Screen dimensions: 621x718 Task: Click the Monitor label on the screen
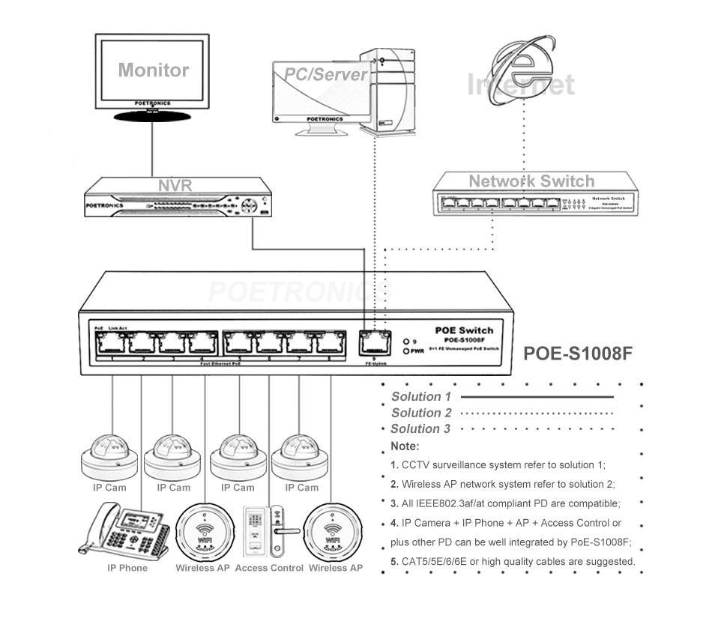click(x=153, y=70)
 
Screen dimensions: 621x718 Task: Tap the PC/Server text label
click(x=325, y=74)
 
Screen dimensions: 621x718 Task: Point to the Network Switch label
click(x=531, y=181)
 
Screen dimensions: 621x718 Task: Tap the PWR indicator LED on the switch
click(x=405, y=351)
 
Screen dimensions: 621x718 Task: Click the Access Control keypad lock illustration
click(x=268, y=531)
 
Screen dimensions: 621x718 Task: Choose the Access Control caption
click(x=269, y=568)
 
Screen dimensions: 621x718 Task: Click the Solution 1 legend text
click(x=421, y=396)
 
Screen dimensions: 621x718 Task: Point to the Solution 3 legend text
click(x=420, y=428)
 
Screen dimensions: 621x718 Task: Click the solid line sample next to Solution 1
click(x=537, y=396)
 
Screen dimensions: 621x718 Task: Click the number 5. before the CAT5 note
click(x=394, y=561)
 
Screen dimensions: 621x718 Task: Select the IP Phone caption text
click(x=127, y=568)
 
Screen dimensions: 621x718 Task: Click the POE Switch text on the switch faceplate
click(x=464, y=330)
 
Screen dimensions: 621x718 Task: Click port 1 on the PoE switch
click(x=112, y=342)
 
